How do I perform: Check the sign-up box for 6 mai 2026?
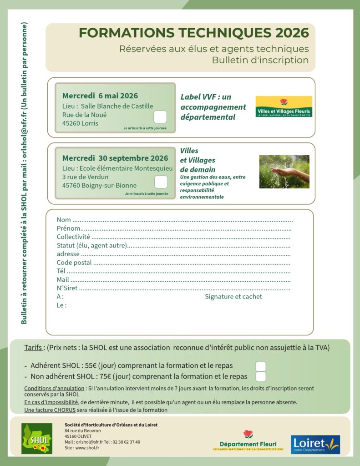(x=160, y=117)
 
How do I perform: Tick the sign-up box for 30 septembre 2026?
(x=161, y=182)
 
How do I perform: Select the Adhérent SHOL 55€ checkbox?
(x=261, y=367)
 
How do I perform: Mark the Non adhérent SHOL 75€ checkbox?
(x=261, y=377)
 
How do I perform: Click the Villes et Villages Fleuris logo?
(x=284, y=106)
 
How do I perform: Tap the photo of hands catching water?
(x=284, y=172)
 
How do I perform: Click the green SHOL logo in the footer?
(x=37, y=439)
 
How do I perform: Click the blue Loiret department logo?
(x=315, y=444)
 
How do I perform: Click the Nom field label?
(x=64, y=220)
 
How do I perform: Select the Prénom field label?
(x=68, y=228)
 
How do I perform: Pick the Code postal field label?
(x=74, y=263)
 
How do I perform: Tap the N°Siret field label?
(x=67, y=288)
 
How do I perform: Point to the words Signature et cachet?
(x=233, y=297)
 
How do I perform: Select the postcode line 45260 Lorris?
(x=80, y=123)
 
